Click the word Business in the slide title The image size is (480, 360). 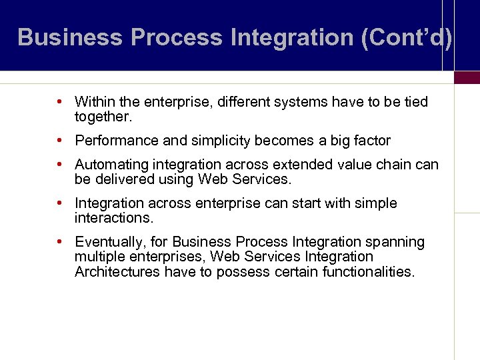point(71,37)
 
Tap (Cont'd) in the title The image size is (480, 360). point(406,37)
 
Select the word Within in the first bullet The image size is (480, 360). point(94,102)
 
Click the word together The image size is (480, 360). point(104,117)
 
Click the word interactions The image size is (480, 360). point(113,218)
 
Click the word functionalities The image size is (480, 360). point(368,271)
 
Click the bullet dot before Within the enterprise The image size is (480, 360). point(60,102)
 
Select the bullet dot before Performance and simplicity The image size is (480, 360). point(60,141)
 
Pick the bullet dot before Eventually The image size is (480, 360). point(60,242)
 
